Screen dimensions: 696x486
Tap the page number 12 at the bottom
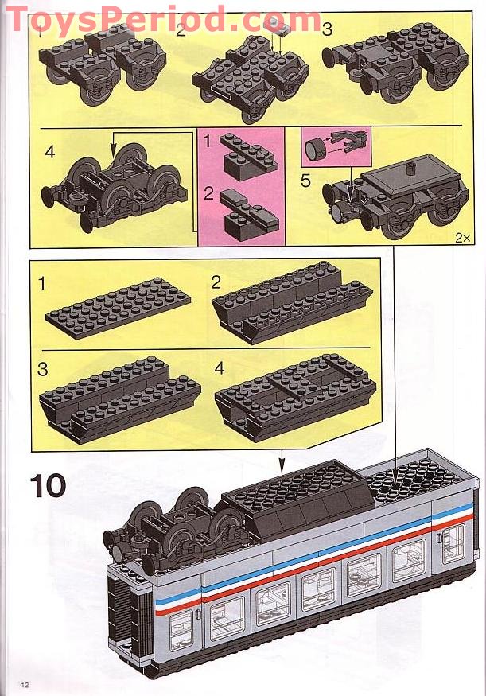point(25,685)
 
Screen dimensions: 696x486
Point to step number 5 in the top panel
point(305,181)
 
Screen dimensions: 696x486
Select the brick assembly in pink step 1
point(247,155)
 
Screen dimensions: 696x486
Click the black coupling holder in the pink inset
point(348,146)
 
